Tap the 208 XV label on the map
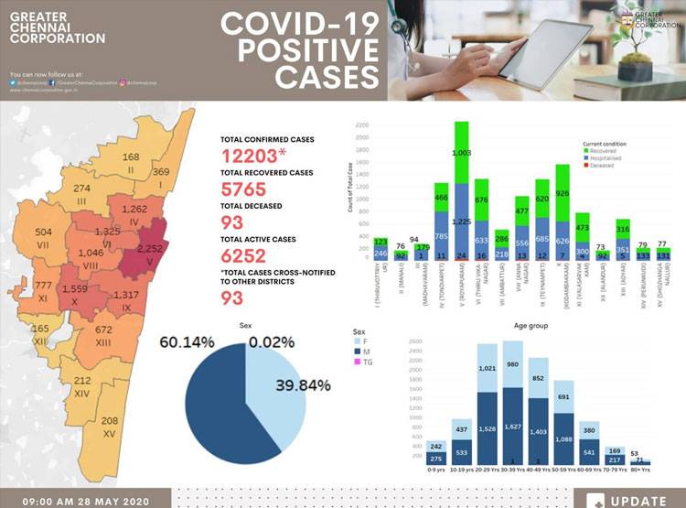pyautogui.click(x=110, y=426)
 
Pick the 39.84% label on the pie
pyautogui.click(x=303, y=384)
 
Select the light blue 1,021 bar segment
pyautogui.click(x=487, y=368)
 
